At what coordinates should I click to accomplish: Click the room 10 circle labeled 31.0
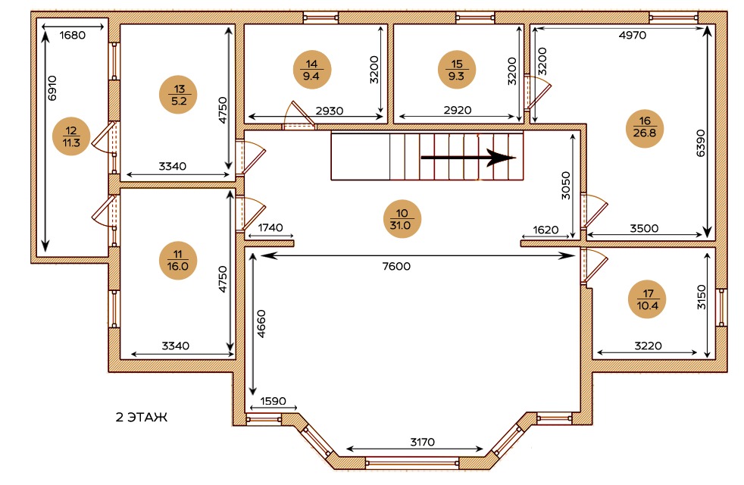[402, 219]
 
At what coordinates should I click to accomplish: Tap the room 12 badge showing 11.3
[71, 136]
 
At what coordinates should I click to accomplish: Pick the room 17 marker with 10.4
[647, 299]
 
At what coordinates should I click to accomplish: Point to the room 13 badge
[178, 95]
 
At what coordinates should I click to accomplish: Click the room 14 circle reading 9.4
[311, 69]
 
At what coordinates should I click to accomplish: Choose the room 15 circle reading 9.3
[456, 69]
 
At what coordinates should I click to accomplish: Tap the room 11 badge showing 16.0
[178, 260]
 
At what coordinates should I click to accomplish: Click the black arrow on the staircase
[468, 158]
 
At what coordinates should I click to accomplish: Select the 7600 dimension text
[396, 266]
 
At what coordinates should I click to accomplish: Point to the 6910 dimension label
[52, 88]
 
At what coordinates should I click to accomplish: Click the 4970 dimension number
[633, 35]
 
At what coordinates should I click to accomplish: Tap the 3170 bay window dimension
[422, 443]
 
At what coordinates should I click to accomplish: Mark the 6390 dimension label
[700, 142]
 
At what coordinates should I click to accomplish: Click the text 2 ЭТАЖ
[142, 418]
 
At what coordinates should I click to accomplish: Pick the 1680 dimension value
[73, 35]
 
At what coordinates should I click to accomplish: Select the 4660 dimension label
[261, 324]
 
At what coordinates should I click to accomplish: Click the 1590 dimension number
[273, 401]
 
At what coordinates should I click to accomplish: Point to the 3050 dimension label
[566, 185]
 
